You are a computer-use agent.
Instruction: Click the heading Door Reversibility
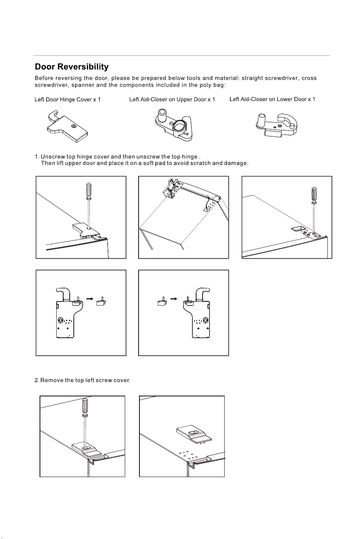click(71, 67)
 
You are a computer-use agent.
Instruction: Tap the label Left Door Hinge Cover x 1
click(68, 99)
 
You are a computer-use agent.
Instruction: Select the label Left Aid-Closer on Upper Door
click(168, 99)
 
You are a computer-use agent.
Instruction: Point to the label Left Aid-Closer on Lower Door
click(268, 99)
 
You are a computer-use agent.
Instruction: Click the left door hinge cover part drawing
click(67, 126)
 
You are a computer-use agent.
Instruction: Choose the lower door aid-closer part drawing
click(276, 125)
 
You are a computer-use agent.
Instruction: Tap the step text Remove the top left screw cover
click(85, 380)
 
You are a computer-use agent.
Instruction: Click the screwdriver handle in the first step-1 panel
click(88, 191)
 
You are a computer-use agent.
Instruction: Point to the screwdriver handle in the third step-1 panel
click(314, 195)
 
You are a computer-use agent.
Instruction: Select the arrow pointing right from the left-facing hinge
click(90, 299)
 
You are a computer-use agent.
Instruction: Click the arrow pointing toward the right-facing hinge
click(174, 299)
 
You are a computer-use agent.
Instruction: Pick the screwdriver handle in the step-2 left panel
click(85, 407)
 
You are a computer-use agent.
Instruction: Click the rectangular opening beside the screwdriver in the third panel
click(298, 229)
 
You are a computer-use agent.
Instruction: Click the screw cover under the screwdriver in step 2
click(86, 449)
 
